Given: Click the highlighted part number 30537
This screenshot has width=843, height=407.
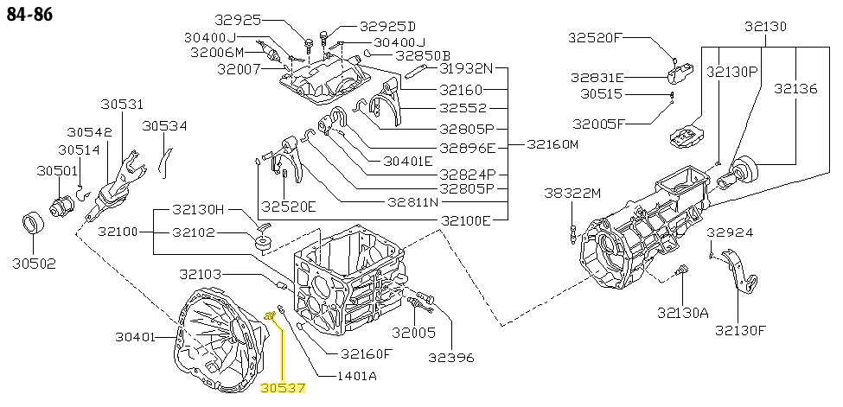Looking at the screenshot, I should point(283,389).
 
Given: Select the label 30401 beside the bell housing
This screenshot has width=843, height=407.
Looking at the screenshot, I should point(137,337).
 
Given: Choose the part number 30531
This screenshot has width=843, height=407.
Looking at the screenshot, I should point(120,105).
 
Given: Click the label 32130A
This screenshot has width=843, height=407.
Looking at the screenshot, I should point(682,312).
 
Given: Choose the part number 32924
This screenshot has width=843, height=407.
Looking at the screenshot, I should point(730,232).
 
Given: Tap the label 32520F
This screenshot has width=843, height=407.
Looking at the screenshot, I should point(596,37).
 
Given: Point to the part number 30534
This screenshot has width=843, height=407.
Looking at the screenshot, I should point(165,126).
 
